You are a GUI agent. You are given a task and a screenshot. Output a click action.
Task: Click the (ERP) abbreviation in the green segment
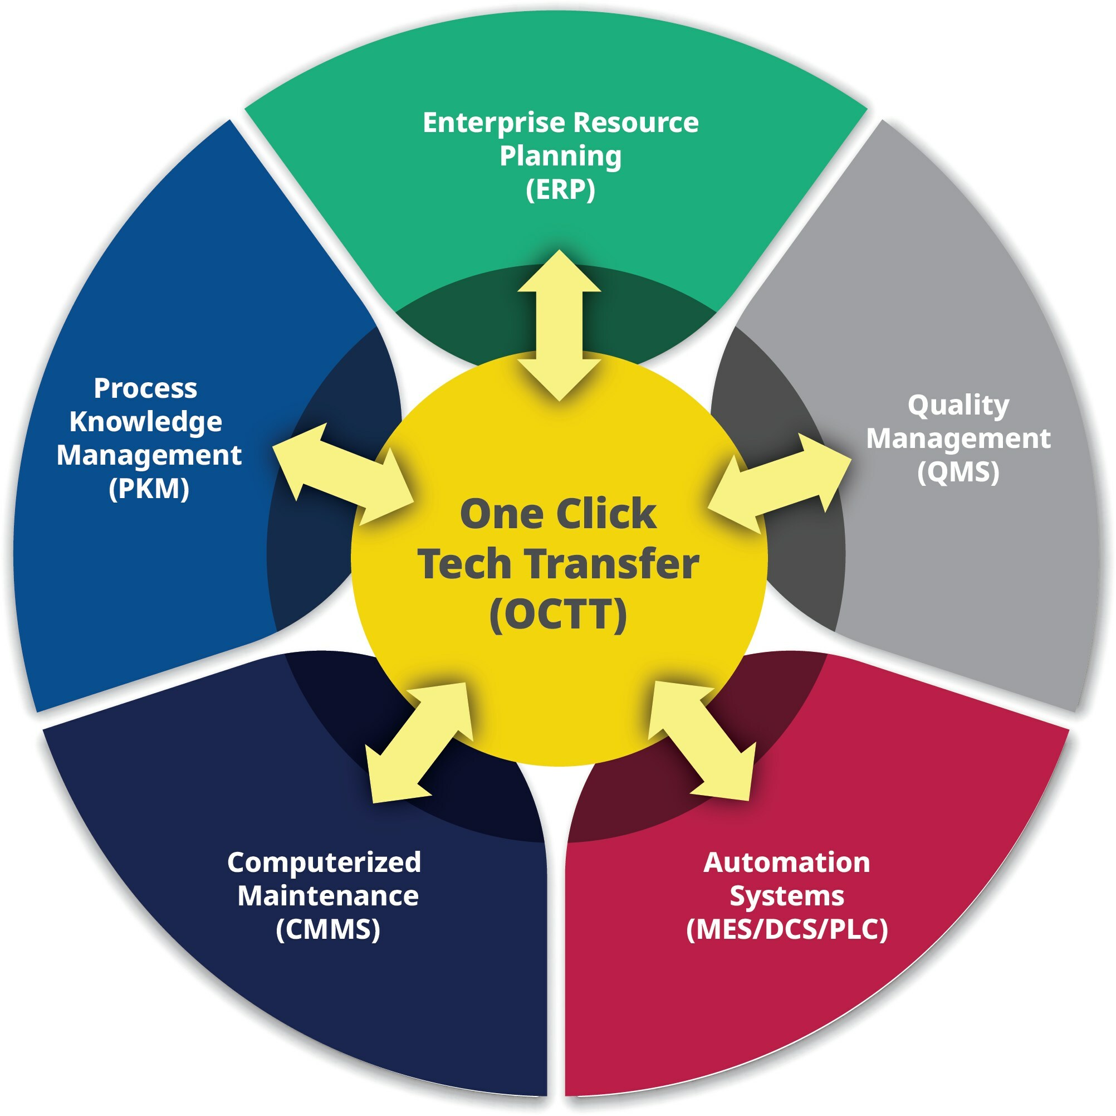point(560,189)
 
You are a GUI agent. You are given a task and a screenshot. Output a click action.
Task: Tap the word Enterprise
point(494,123)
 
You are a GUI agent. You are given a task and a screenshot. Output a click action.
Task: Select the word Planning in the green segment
point(560,156)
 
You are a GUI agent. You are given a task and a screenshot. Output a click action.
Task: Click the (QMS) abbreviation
point(958,471)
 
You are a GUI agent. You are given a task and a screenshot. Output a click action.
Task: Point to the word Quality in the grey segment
point(958,405)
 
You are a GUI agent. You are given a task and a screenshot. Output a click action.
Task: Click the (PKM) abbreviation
point(149,489)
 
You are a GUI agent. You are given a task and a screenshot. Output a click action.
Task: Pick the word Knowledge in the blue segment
point(145,422)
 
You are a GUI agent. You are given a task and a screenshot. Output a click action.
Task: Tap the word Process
point(145,388)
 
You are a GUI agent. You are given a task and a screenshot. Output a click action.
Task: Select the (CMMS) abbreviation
point(327,929)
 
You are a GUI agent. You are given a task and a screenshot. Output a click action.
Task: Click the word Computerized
point(324,862)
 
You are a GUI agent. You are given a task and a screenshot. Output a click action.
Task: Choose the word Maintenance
point(327,896)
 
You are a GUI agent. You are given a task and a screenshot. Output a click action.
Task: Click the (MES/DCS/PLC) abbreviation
point(786,929)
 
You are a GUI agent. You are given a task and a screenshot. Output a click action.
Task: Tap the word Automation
point(786,862)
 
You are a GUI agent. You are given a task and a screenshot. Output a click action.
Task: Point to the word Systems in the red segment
point(786,896)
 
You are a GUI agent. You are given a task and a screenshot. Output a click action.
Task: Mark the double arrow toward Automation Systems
point(702,742)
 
